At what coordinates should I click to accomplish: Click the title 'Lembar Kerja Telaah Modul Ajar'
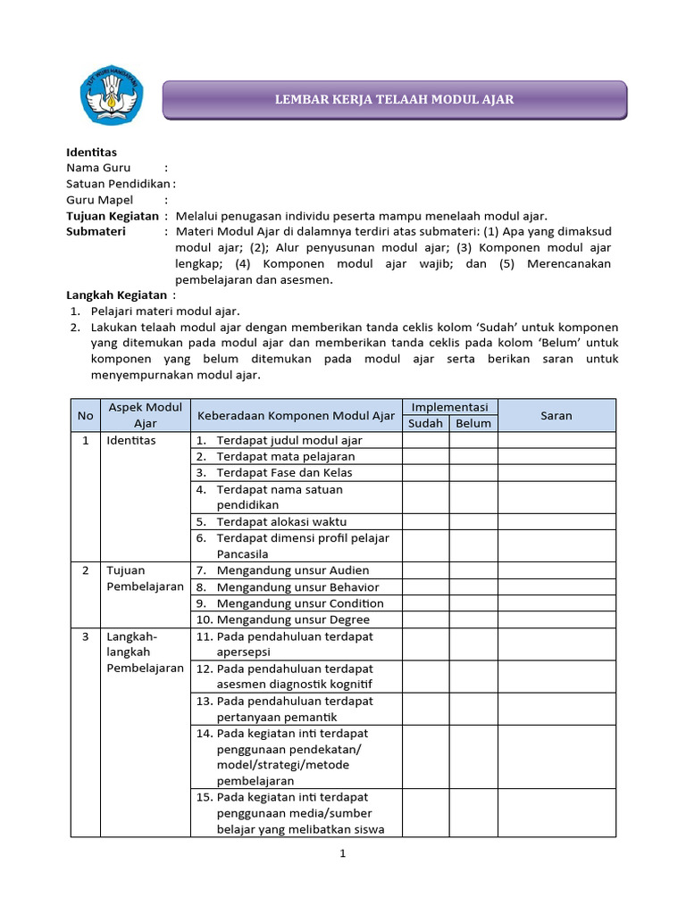pyautogui.click(x=394, y=99)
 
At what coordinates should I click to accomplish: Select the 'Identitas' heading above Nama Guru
pyautogui.click(x=92, y=152)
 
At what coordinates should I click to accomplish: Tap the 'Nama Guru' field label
pyautogui.click(x=98, y=168)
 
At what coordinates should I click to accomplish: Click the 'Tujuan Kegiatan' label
pyautogui.click(x=113, y=216)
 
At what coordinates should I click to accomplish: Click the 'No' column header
pyautogui.click(x=85, y=415)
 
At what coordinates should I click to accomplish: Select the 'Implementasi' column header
pyautogui.click(x=449, y=407)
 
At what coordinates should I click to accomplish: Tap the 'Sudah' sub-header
pyautogui.click(x=425, y=423)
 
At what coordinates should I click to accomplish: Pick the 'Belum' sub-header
pyautogui.click(x=473, y=423)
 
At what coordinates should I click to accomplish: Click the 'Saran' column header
pyautogui.click(x=556, y=415)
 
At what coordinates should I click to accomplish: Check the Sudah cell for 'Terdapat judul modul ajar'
pyautogui.click(x=425, y=440)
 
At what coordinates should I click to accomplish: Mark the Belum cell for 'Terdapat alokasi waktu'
pyautogui.click(x=473, y=521)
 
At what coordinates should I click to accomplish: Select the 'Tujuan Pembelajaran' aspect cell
pyautogui.click(x=144, y=578)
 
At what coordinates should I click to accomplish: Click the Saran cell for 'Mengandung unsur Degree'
pyautogui.click(x=556, y=619)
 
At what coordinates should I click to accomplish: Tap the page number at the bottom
pyautogui.click(x=342, y=854)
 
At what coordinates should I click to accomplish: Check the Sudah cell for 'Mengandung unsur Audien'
pyautogui.click(x=425, y=570)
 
